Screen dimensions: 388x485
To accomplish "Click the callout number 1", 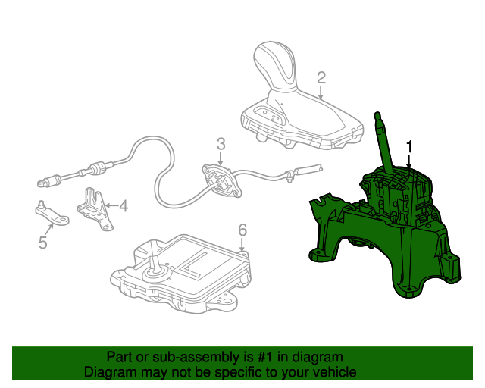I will pyautogui.click(x=410, y=145).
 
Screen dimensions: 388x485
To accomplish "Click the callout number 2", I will pyautogui.click(x=321, y=77).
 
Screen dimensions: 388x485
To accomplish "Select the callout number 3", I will pyautogui.click(x=221, y=143).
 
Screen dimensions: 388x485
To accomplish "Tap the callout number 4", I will pyautogui.click(x=123, y=205).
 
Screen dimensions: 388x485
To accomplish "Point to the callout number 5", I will pyautogui.click(x=42, y=242).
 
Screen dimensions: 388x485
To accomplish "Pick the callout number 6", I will pyautogui.click(x=242, y=229).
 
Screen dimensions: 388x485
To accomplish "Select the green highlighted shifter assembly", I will pyautogui.click(x=386, y=235).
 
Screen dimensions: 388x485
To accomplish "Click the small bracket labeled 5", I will pyautogui.click(x=52, y=214).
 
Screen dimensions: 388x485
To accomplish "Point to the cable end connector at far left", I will pyautogui.click(x=47, y=182).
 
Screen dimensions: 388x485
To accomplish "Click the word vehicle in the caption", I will pyautogui.click(x=333, y=372).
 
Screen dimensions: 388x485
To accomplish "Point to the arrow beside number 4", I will pyautogui.click(x=110, y=205).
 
